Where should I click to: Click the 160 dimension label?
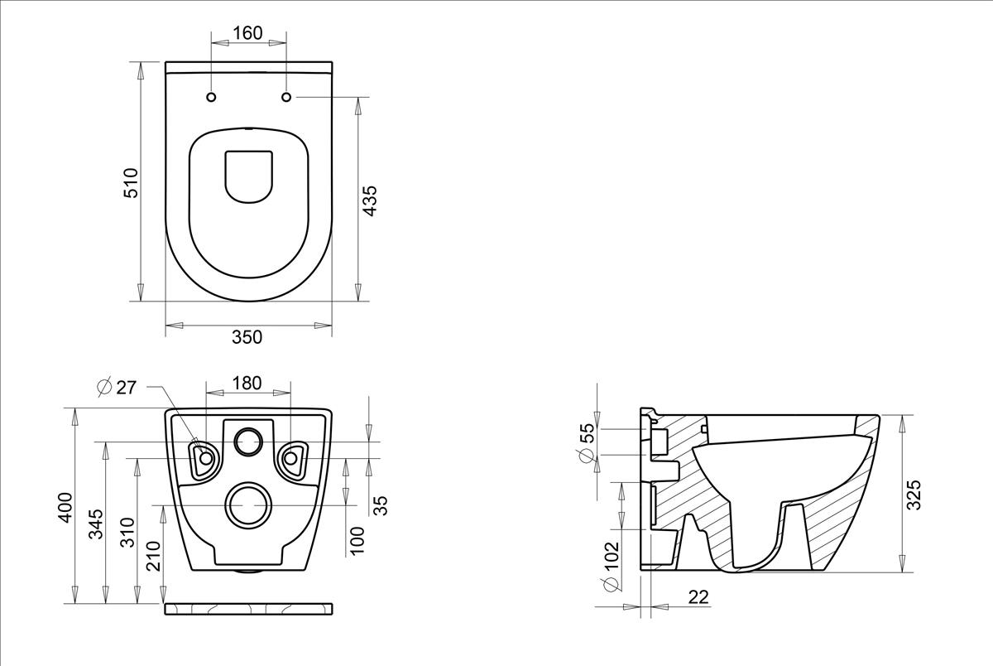tap(247, 33)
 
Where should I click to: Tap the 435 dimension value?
tap(369, 201)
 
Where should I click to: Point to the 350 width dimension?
tap(247, 337)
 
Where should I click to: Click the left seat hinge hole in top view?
tap(212, 97)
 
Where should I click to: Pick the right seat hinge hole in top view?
tap(286, 97)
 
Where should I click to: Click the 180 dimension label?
tap(247, 383)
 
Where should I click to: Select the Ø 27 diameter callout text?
tap(117, 388)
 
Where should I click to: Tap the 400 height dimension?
tap(65, 508)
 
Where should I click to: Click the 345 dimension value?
tap(96, 524)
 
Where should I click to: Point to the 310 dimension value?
tap(127, 532)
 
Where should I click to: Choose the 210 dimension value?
tap(153, 556)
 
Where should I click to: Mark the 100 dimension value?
tap(357, 540)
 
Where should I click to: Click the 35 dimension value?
tap(380, 506)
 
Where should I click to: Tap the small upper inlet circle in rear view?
tap(248, 442)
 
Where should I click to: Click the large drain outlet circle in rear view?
tap(248, 505)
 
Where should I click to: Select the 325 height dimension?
tap(914, 495)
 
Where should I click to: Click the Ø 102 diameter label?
tap(612, 567)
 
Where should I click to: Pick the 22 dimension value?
tap(698, 597)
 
